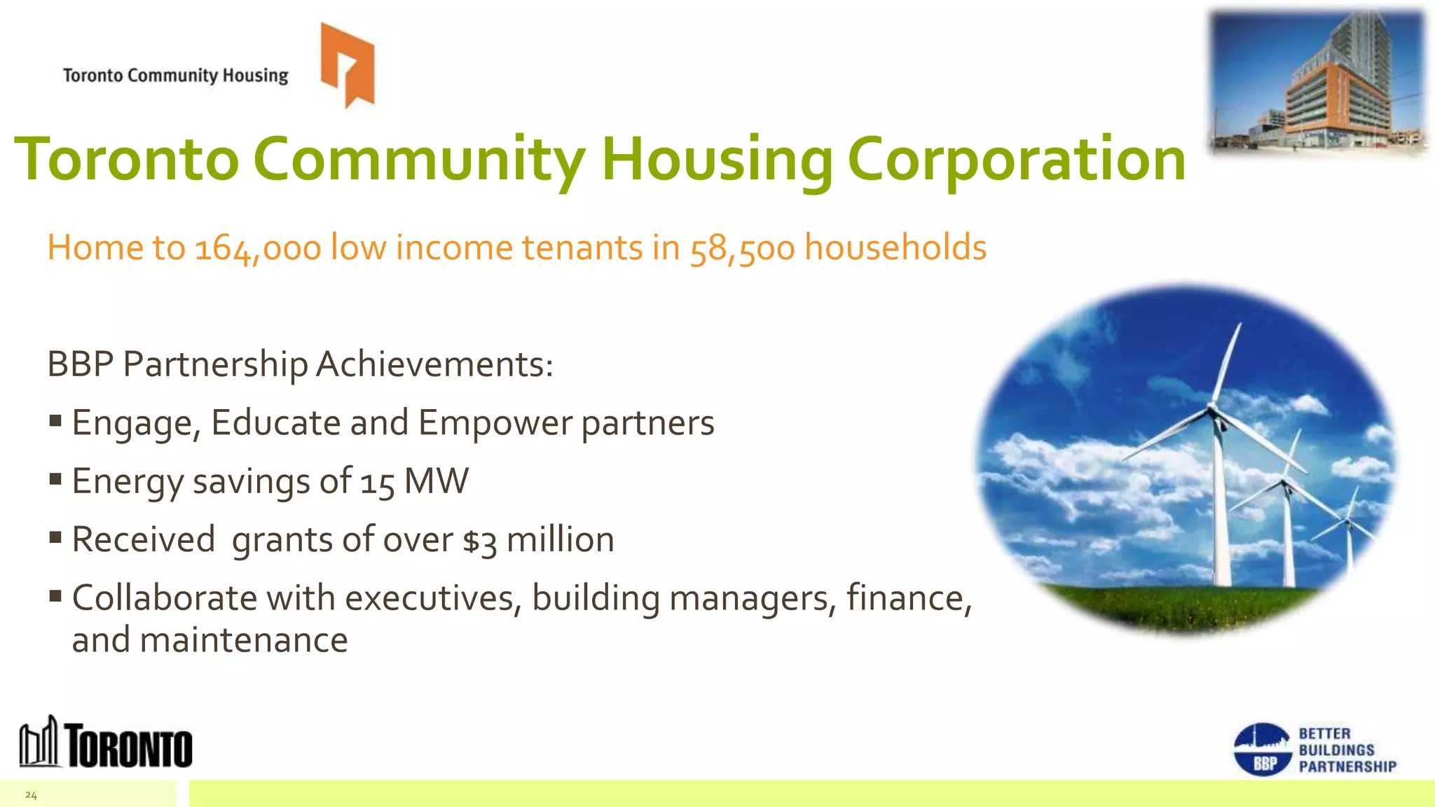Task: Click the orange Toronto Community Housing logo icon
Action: point(348,64)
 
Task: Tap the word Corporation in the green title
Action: point(1016,160)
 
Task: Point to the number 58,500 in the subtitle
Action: point(742,249)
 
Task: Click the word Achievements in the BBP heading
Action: point(434,365)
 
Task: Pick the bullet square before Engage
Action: point(56,422)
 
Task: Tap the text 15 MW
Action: point(414,482)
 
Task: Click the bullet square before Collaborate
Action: point(56,597)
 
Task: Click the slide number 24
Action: point(31,795)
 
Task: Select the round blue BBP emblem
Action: point(1262,750)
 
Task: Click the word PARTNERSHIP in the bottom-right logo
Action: point(1347,767)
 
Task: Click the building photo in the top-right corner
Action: point(1318,82)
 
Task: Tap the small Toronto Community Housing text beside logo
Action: point(176,76)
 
